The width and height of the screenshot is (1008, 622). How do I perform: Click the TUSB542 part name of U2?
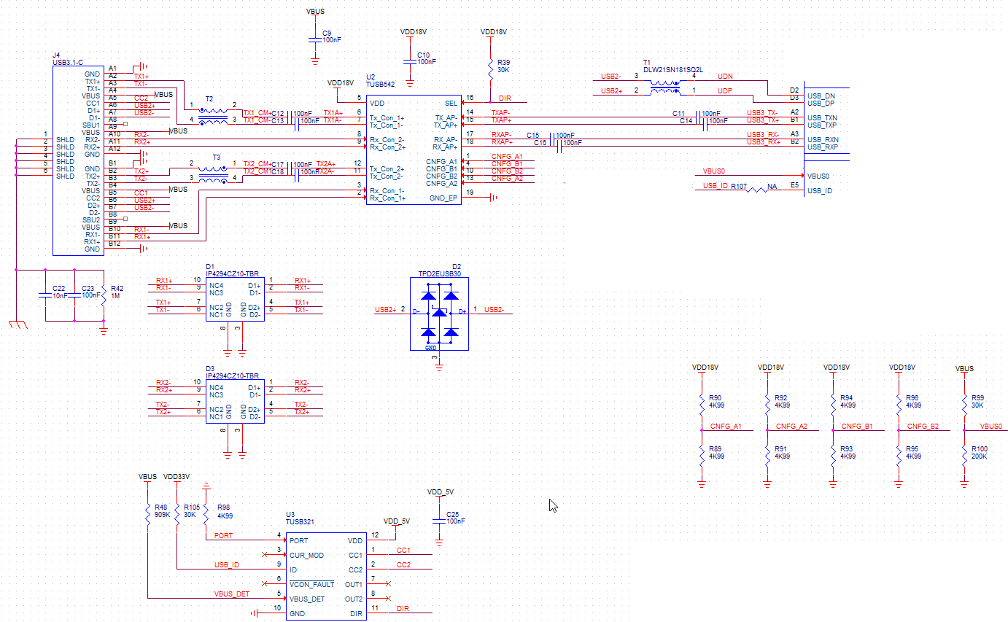point(380,84)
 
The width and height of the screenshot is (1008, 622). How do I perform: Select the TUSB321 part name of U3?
point(299,523)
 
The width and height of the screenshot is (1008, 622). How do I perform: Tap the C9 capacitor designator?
point(326,33)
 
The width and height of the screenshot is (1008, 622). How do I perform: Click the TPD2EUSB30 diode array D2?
point(440,313)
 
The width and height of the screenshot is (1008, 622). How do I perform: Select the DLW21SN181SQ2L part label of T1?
point(672,69)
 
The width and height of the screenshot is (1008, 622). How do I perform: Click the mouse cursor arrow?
point(553,505)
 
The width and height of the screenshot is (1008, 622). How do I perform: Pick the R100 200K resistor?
point(964,454)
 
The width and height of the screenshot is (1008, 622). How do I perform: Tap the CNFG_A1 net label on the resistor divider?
point(726,426)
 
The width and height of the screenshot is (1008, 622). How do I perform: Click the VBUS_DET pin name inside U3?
point(307,599)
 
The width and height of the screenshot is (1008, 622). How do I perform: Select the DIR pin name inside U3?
point(356,614)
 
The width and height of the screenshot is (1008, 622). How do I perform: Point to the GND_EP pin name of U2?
point(443,198)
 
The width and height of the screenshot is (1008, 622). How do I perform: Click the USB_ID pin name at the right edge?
point(821,191)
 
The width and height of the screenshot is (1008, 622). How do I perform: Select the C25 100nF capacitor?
point(438,519)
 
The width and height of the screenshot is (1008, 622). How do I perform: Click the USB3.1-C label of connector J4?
point(69,63)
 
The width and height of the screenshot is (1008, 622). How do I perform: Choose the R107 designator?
point(739,187)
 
